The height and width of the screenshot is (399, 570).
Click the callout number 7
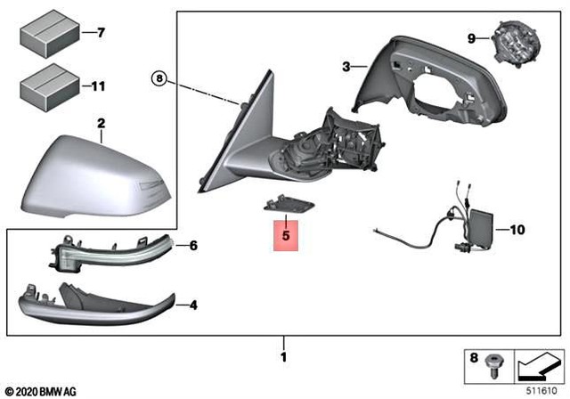[101, 33]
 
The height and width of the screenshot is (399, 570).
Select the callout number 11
[99, 87]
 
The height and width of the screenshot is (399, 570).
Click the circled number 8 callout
[158, 78]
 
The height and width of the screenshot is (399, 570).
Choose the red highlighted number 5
[285, 238]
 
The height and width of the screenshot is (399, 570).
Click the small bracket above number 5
[286, 204]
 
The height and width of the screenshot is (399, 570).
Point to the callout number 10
[518, 229]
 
